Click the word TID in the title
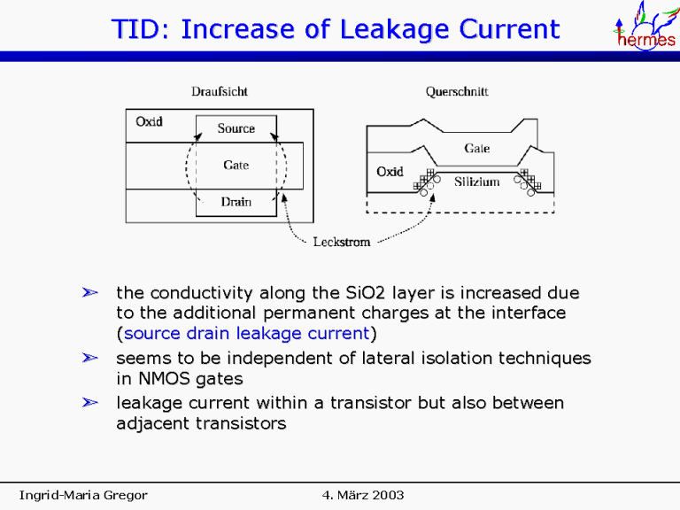click(140, 30)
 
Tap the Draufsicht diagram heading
click(220, 91)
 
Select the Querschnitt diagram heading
click(457, 91)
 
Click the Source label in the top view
click(236, 128)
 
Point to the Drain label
click(236, 202)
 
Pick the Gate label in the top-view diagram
click(236, 165)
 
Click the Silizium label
click(477, 182)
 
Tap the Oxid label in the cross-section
click(390, 172)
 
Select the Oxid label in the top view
click(149, 121)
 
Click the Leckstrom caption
click(342, 242)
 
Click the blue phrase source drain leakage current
click(245, 334)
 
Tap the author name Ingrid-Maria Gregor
click(83, 494)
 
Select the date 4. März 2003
click(363, 494)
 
